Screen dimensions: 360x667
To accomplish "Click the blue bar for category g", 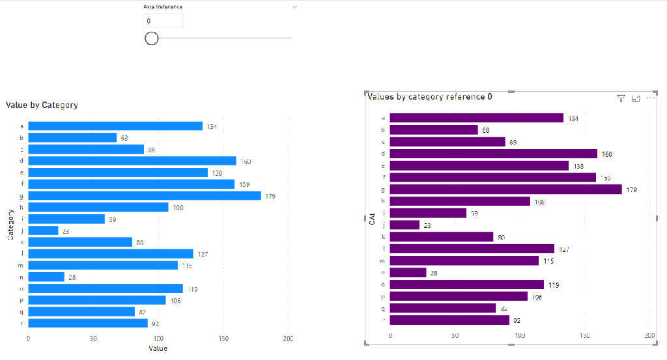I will [x=144, y=196].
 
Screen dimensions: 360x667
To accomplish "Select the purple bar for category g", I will [x=505, y=189].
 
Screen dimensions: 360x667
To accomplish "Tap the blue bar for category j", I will [x=43, y=230].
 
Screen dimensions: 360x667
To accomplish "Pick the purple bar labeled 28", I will [x=408, y=273].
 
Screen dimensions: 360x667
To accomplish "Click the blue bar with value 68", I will [x=72, y=138].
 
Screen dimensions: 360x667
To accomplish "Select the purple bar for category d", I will [x=493, y=154].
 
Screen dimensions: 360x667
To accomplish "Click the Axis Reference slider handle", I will [x=152, y=38].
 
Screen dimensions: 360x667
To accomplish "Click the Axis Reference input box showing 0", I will [x=163, y=21].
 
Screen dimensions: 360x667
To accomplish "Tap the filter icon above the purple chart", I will [x=621, y=98].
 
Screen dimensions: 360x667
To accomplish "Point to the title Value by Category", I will [x=42, y=105].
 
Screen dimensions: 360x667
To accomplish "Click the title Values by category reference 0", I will [x=430, y=97].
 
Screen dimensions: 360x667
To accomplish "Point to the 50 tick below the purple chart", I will [x=455, y=336].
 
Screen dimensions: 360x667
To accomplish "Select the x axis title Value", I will [x=158, y=348].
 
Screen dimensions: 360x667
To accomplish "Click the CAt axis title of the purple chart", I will [x=373, y=219].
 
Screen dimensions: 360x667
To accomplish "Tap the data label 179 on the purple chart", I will [x=631, y=190].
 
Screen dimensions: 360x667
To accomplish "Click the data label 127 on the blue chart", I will [x=203, y=254].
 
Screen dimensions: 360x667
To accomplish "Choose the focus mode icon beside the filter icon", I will [x=636, y=98].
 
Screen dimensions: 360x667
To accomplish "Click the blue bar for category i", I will [x=66, y=219].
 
